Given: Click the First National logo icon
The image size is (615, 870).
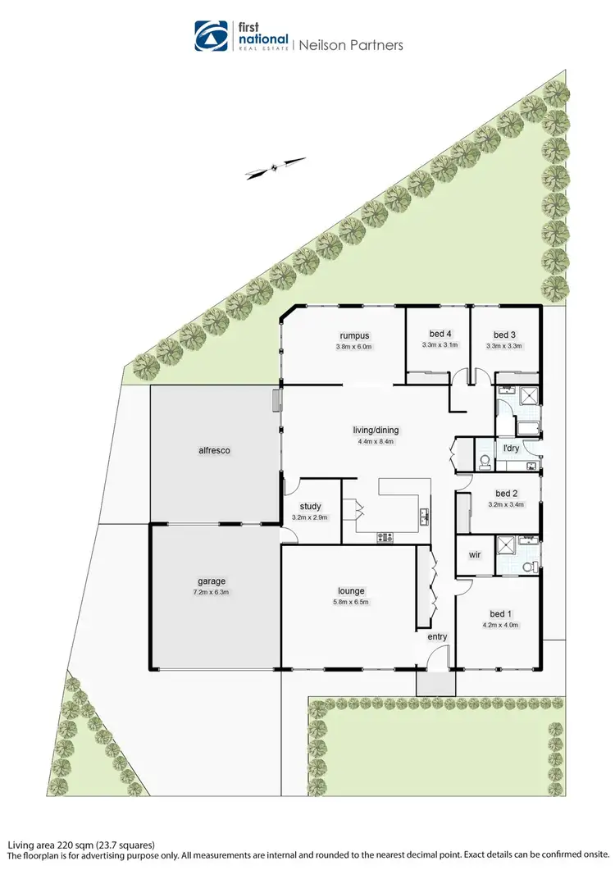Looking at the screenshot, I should click(212, 35).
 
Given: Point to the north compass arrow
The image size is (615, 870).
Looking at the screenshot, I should click(276, 167).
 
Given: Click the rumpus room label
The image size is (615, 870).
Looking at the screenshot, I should click(354, 335).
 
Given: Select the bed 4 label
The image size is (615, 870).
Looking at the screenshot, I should click(440, 334).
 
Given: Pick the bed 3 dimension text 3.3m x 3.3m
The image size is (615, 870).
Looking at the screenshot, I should click(504, 346).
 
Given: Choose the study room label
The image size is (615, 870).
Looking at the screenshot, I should click(310, 506).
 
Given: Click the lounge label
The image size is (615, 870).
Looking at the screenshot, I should click(351, 590).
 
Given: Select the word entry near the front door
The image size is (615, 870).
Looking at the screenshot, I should click(436, 636).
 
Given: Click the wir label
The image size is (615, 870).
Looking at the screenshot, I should click(474, 555).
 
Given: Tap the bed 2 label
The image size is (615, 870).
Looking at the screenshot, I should click(505, 494).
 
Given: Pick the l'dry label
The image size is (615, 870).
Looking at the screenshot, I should click(510, 449).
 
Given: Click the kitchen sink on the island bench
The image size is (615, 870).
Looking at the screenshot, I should click(424, 517).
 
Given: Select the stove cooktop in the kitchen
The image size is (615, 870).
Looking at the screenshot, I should click(385, 537).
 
